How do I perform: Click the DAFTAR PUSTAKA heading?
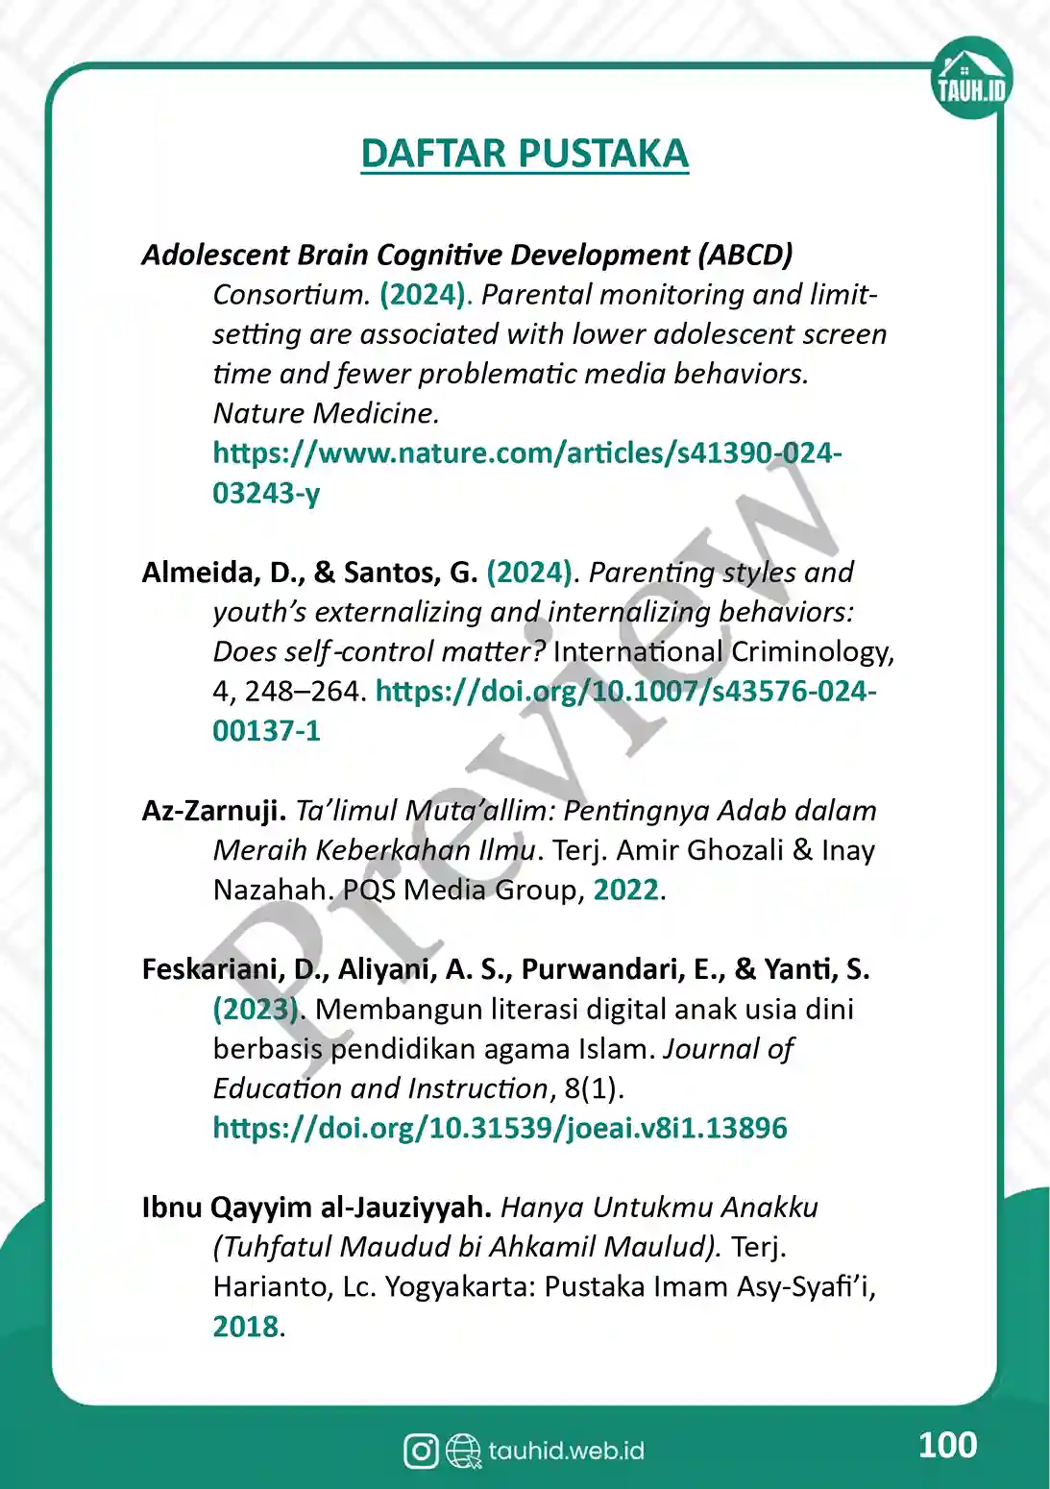coord(525,154)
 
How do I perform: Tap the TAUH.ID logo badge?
coord(971,79)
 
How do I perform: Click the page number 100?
coord(947,1445)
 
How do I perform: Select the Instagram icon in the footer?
coord(421,1451)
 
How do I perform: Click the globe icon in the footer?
coord(464,1451)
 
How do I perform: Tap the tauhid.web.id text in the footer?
coord(566,1451)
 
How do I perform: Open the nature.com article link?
coord(526,453)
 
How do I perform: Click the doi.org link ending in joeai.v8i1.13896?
coord(500,1128)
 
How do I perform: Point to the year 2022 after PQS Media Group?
coord(626,890)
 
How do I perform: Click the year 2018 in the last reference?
coord(246,1327)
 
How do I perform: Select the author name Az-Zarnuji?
coord(213,811)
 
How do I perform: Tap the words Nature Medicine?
coord(326,413)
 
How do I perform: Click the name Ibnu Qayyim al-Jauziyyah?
coord(316,1208)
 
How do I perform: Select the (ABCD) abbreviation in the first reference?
coord(745,255)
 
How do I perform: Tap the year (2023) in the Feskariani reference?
coord(256,1010)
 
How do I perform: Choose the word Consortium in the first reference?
coord(291,295)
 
